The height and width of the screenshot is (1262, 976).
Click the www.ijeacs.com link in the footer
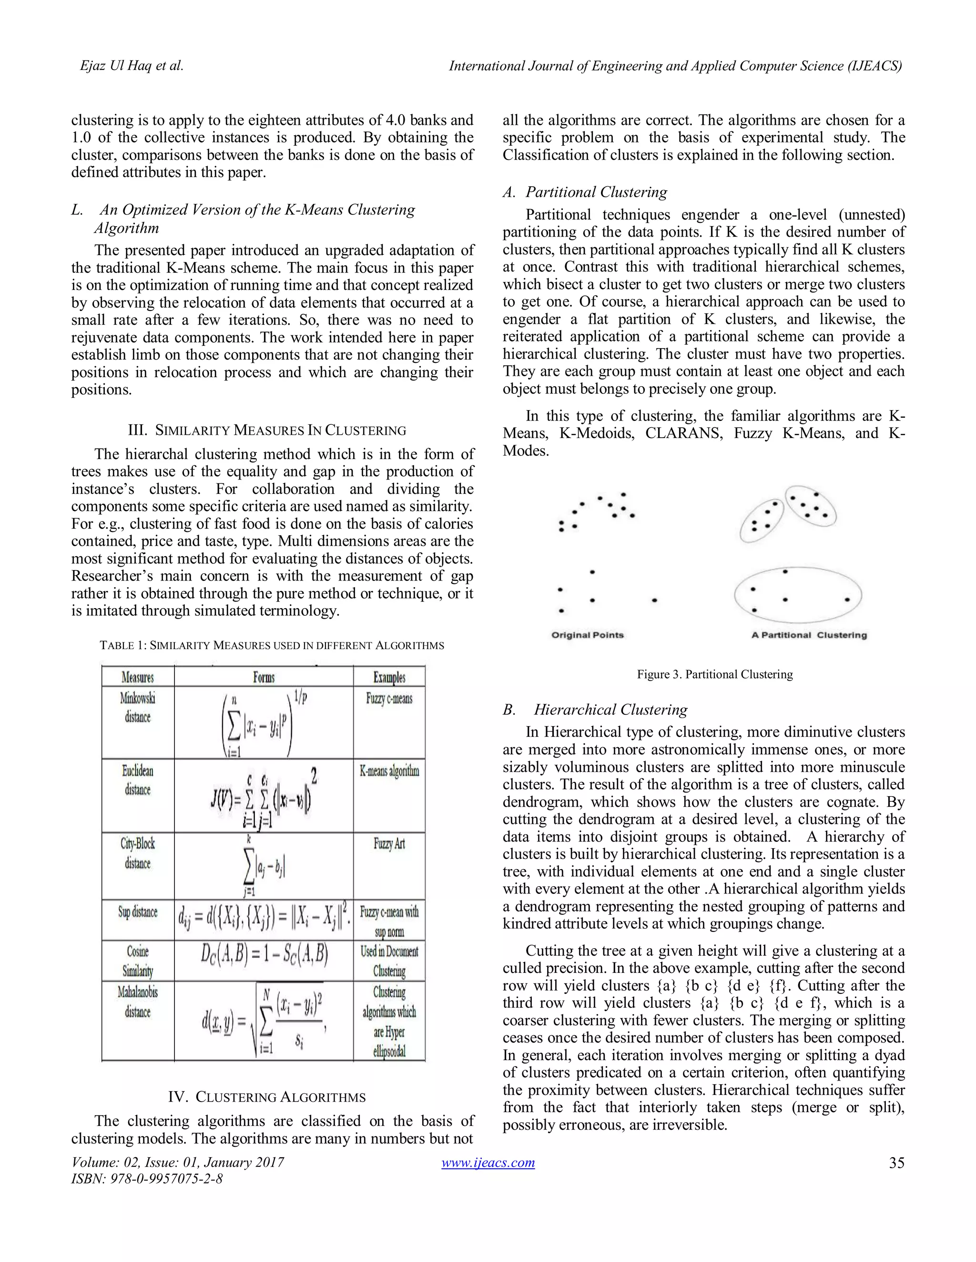coord(488,1162)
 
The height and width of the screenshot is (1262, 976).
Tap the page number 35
coord(896,1162)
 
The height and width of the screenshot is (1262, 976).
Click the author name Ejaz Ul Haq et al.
coord(132,66)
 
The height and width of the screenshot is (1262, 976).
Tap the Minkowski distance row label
coord(138,707)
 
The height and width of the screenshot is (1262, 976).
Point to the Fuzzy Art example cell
coord(389,844)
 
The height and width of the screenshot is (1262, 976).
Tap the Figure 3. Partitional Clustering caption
coord(715,674)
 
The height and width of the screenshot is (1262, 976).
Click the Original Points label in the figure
coord(588,635)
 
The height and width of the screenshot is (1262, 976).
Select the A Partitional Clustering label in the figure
coord(809,635)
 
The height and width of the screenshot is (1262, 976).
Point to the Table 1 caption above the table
coord(272,645)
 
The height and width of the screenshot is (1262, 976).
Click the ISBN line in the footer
coord(147,1179)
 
